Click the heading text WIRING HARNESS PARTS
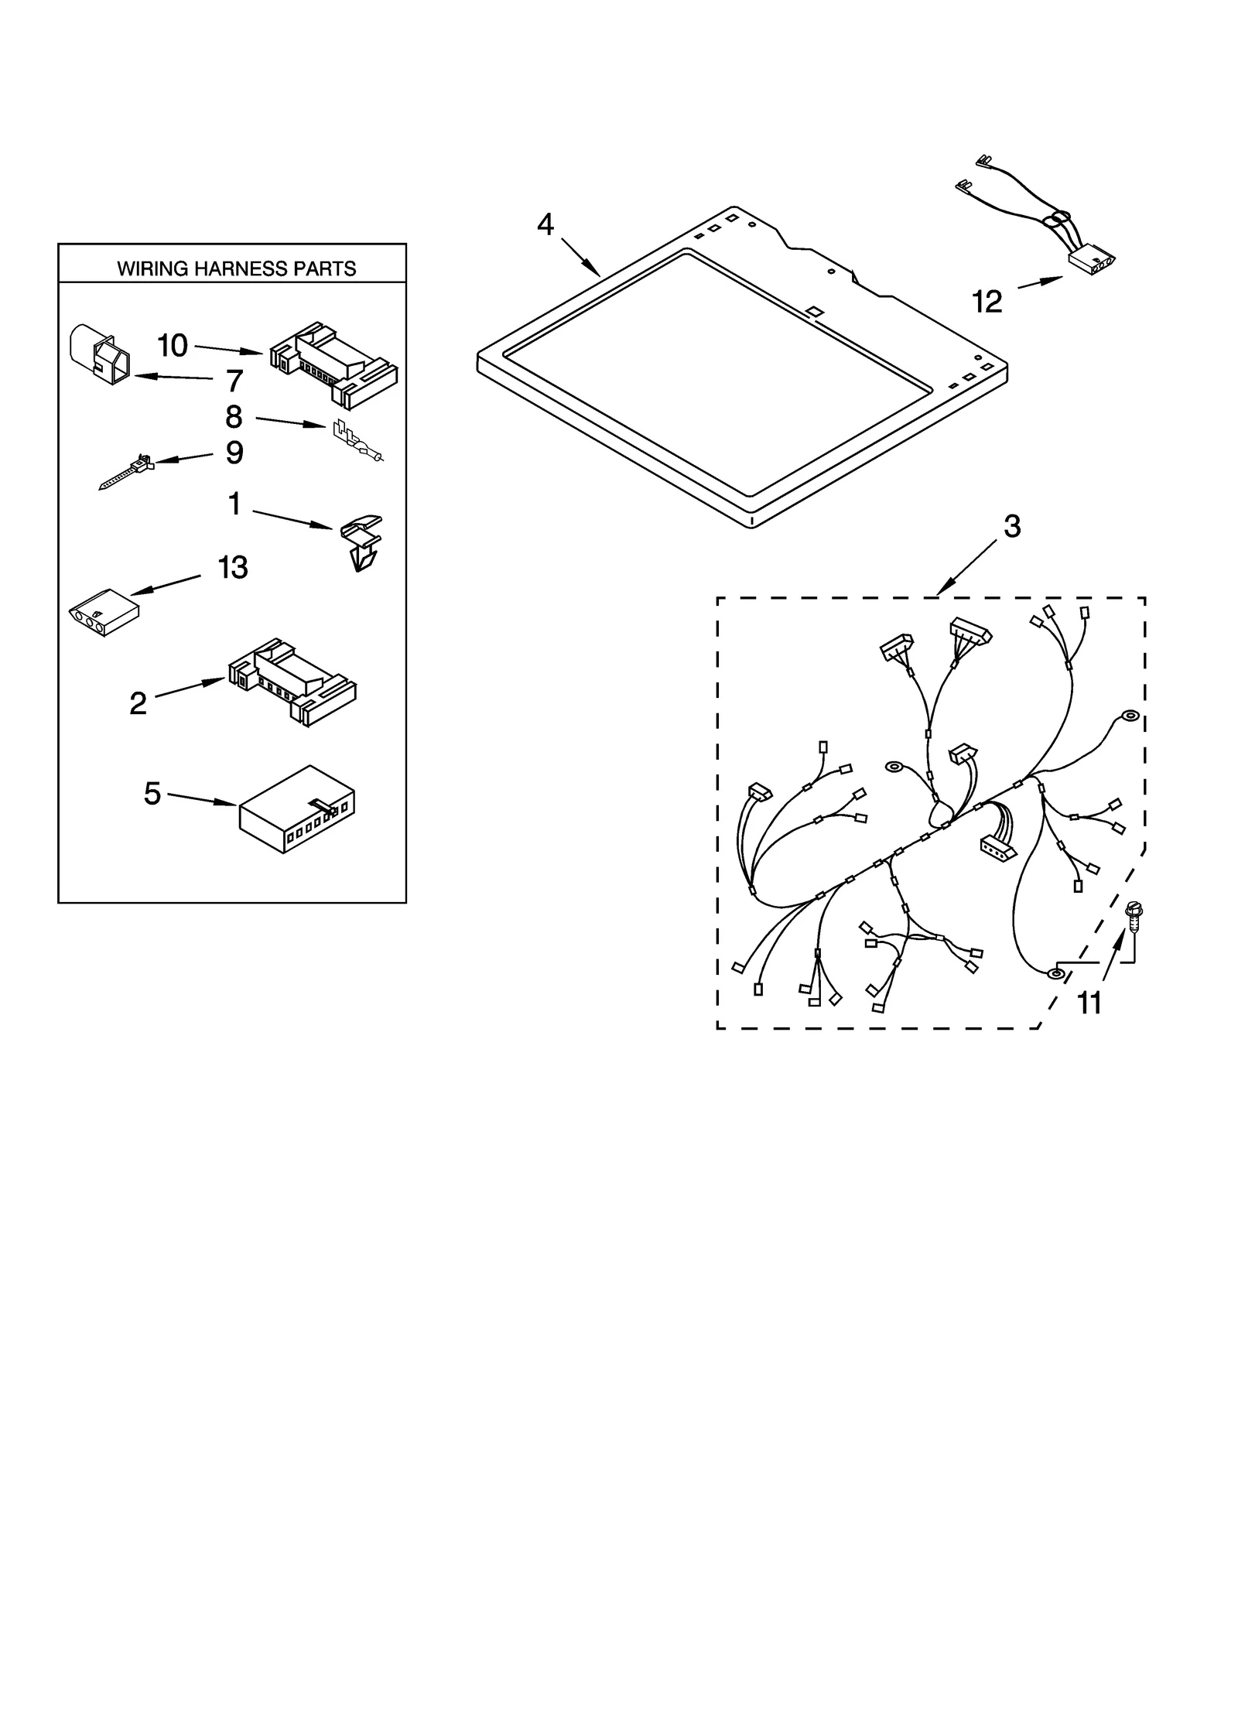[x=236, y=268]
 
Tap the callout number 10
[x=172, y=346]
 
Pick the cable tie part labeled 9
[x=127, y=471]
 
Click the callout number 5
[x=152, y=793]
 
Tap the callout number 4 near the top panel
[x=545, y=224]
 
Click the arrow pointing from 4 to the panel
[x=580, y=257]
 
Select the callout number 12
[x=987, y=301]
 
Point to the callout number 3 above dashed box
[x=1012, y=526]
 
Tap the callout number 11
[x=1089, y=1003]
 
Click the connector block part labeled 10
[x=334, y=363]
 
